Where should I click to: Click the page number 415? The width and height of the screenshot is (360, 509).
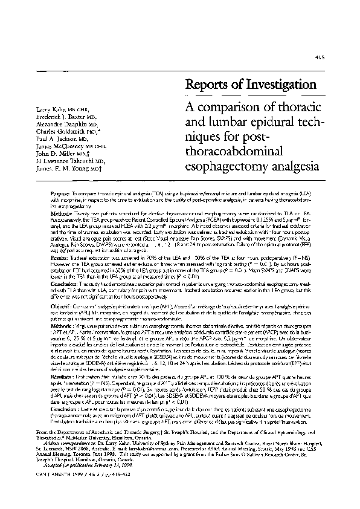[320, 57]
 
